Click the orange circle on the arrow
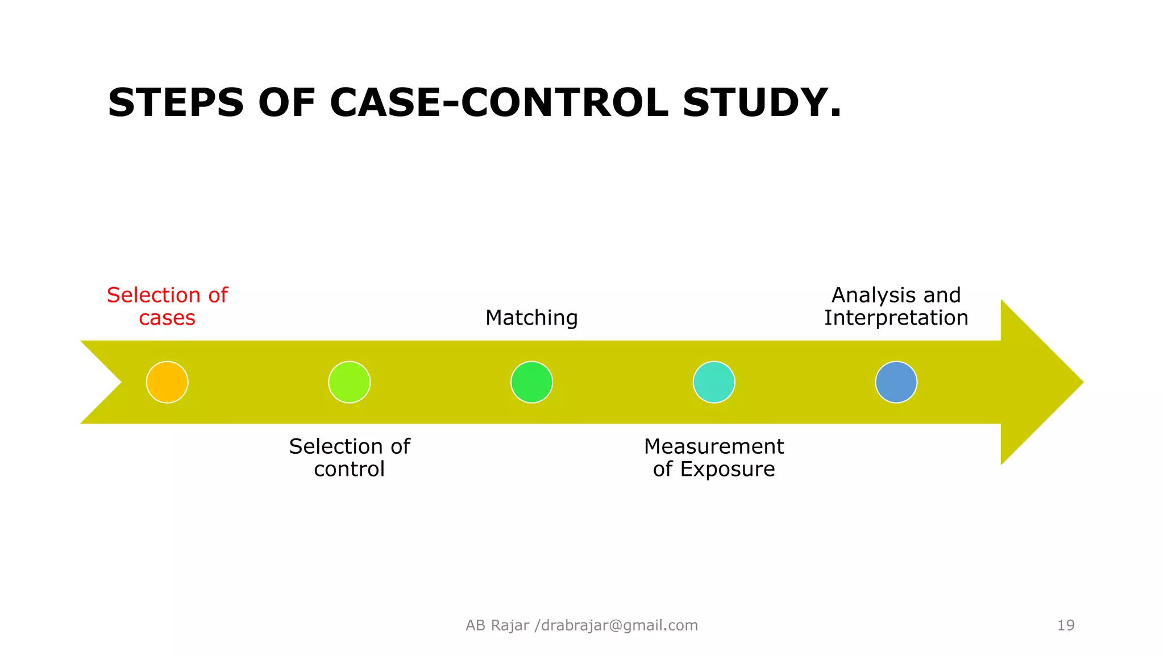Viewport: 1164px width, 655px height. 167,382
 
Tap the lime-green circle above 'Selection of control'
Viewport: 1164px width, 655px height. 350,382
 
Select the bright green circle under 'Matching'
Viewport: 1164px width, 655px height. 531,382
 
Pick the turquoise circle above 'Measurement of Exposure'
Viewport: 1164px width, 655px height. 714,382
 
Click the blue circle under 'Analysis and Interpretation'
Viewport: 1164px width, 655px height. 896,382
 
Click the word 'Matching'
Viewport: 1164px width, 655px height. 531,318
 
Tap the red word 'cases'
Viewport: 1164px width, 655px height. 167,318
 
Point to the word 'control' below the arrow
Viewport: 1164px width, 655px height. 349,469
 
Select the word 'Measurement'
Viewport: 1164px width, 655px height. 714,446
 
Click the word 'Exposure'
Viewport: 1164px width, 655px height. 727,469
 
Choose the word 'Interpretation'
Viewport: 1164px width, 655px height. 896,318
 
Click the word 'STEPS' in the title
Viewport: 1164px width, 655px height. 176,103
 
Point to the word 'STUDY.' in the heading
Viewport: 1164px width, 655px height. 762,103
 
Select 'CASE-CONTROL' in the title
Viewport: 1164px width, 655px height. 499,103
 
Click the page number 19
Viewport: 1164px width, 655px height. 1066,625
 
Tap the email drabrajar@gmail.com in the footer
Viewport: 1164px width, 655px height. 620,625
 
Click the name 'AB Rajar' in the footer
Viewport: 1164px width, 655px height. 497,625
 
